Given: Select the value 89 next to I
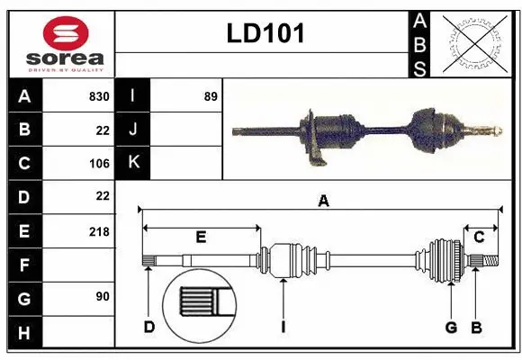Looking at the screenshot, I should [211, 96].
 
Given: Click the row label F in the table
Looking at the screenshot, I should [24, 265].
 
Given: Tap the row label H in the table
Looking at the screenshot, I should [24, 333].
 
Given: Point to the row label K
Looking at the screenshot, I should [133, 163].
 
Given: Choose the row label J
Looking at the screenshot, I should [133, 130].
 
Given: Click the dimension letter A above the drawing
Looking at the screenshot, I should [323, 202].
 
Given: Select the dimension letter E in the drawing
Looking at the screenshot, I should [201, 238].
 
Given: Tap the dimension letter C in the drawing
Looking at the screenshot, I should [479, 238].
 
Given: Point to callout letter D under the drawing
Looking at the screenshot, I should [148, 327].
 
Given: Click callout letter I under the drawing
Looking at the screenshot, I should [283, 327].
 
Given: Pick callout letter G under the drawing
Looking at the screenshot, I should [451, 327].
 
